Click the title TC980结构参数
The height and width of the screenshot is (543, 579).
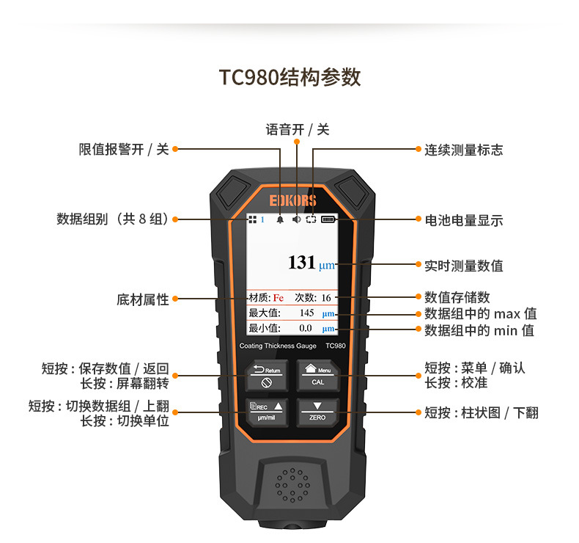[290, 77]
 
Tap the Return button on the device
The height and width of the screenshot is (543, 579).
[267, 376]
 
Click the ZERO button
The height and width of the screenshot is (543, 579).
[317, 412]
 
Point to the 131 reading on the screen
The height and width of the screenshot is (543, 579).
[301, 263]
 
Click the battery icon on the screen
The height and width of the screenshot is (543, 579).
[327, 219]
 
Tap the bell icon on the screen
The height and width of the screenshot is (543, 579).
[280, 219]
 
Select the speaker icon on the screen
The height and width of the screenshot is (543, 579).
[295, 219]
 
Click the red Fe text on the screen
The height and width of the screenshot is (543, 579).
[279, 298]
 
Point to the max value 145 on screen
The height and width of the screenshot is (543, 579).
[306, 313]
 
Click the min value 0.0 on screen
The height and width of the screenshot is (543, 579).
[306, 328]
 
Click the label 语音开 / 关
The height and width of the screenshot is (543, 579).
[297, 129]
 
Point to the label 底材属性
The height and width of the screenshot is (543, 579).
[142, 299]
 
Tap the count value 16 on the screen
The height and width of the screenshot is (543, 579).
[326, 298]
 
